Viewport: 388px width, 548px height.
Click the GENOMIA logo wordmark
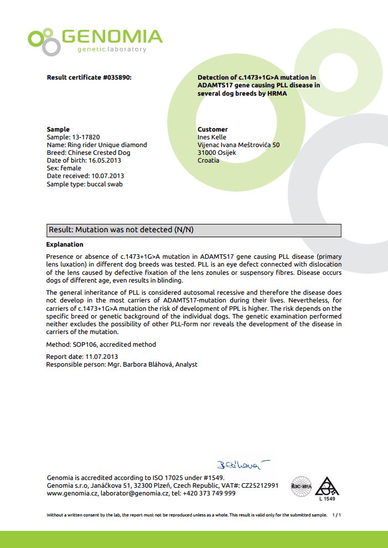112,37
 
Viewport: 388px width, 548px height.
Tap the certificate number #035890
117,78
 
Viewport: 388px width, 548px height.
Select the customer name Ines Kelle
212,137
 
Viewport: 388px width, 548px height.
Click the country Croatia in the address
209,160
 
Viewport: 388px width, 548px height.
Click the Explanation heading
65,244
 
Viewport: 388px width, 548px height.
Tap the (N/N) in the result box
184,229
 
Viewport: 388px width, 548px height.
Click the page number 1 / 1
337,515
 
